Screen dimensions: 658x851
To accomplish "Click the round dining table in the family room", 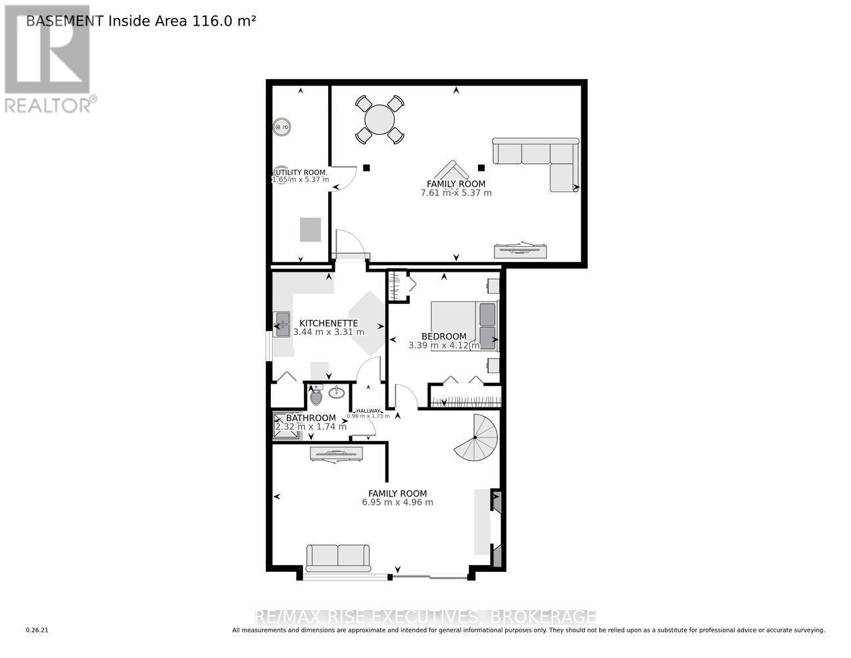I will click(x=379, y=120).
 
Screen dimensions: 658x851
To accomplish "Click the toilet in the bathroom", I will click(x=316, y=395).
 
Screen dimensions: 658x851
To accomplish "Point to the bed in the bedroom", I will click(x=464, y=326).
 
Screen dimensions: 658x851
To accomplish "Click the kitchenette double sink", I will click(x=282, y=324).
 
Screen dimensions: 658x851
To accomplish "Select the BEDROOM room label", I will click(x=444, y=336).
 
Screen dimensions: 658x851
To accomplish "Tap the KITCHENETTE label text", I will click(x=328, y=323).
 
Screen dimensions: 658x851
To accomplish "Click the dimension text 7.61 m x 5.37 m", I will click(x=456, y=193).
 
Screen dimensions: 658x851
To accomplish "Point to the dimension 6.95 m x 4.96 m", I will click(x=397, y=502).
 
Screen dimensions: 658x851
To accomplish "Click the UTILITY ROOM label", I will click(x=300, y=172).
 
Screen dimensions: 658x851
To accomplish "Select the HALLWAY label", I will click(x=368, y=411).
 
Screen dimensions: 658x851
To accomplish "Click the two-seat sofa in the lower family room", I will click(x=338, y=556).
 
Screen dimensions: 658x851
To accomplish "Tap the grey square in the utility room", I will click(x=310, y=229).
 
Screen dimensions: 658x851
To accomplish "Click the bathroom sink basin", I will click(x=336, y=393).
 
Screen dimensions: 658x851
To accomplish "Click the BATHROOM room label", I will click(x=310, y=418).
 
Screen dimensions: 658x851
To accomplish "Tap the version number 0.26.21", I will click(x=37, y=630).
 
